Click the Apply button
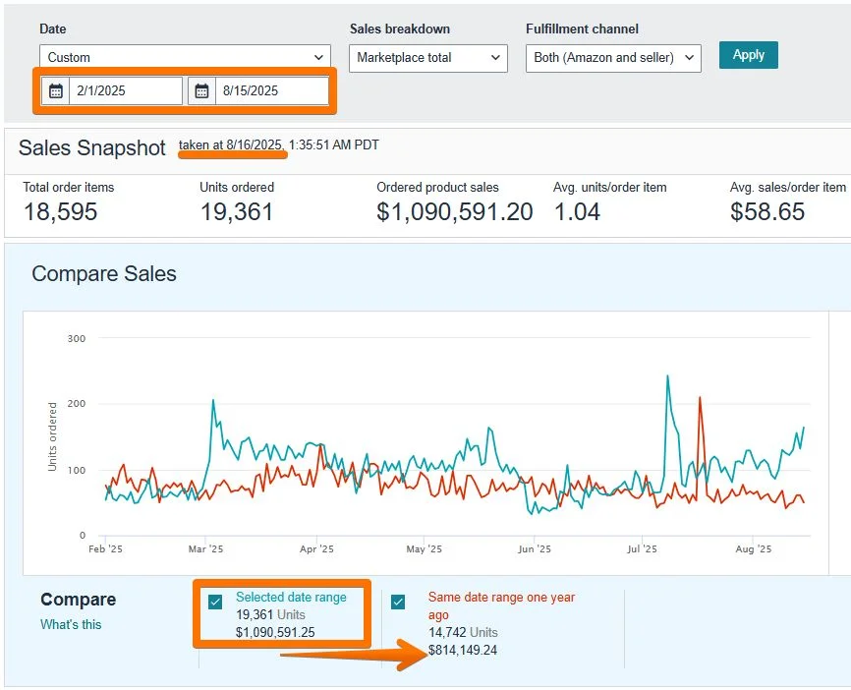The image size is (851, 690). [748, 55]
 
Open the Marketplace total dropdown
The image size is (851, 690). [428, 58]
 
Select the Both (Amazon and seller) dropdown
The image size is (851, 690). [613, 58]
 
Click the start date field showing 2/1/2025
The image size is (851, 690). [125, 90]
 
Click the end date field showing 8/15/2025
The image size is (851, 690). [271, 90]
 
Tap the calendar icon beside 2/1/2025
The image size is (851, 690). [56, 90]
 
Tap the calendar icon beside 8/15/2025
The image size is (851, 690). [202, 90]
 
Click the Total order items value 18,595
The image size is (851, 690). [60, 211]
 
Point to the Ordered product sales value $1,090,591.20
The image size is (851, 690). [454, 211]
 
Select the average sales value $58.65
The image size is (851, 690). [766, 211]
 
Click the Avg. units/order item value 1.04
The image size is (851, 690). [577, 211]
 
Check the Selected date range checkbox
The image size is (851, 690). [215, 602]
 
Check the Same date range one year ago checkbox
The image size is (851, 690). [398, 602]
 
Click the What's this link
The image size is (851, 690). [71, 624]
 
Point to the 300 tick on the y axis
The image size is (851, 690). [77, 338]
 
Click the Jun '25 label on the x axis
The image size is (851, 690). [534, 549]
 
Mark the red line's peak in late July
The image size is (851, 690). [700, 397]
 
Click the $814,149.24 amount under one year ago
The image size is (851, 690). [462, 650]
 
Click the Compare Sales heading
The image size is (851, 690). [104, 273]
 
